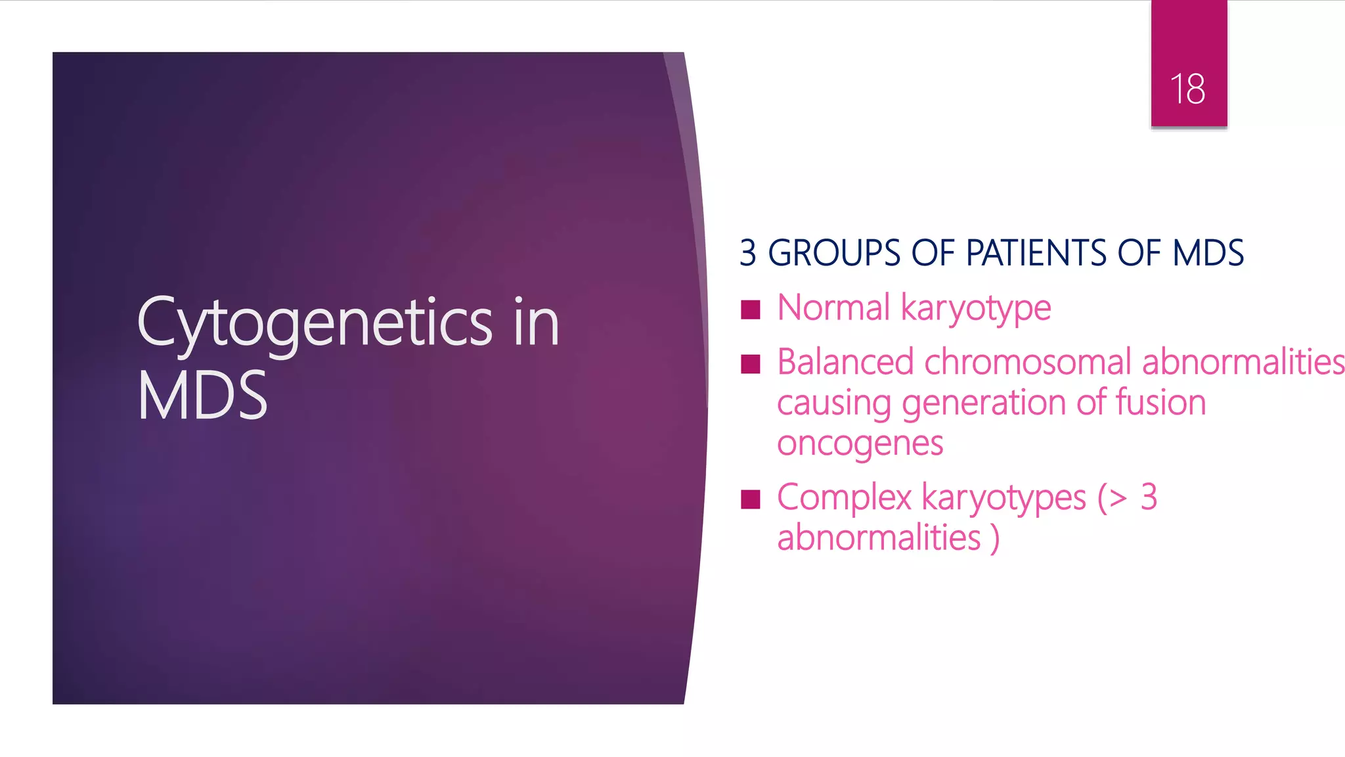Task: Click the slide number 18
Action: [1187, 89]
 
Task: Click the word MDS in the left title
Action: [202, 396]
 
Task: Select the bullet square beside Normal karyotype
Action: [750, 310]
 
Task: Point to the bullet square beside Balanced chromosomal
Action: [750, 364]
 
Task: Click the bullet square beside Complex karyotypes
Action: [750, 499]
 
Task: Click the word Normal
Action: [833, 308]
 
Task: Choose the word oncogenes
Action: [860, 444]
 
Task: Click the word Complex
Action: [844, 498]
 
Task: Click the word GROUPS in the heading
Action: [834, 253]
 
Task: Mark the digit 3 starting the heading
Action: [747, 253]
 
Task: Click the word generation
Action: [988, 403]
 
